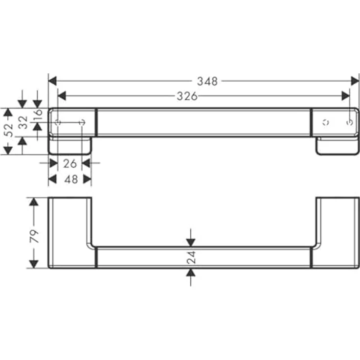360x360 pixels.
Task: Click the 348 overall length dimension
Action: click(x=207, y=81)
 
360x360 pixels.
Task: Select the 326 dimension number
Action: click(x=187, y=96)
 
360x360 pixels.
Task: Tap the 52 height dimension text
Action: click(x=7, y=131)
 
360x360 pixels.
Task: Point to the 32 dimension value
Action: click(x=22, y=122)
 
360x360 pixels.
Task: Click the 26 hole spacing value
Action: click(x=70, y=163)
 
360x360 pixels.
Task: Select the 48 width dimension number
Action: click(x=71, y=180)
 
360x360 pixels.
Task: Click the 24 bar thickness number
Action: click(x=191, y=257)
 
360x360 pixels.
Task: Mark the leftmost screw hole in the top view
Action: click(x=57, y=122)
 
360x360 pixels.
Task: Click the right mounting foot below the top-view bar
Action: click(x=337, y=146)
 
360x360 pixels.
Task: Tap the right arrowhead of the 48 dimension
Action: click(x=87, y=180)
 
